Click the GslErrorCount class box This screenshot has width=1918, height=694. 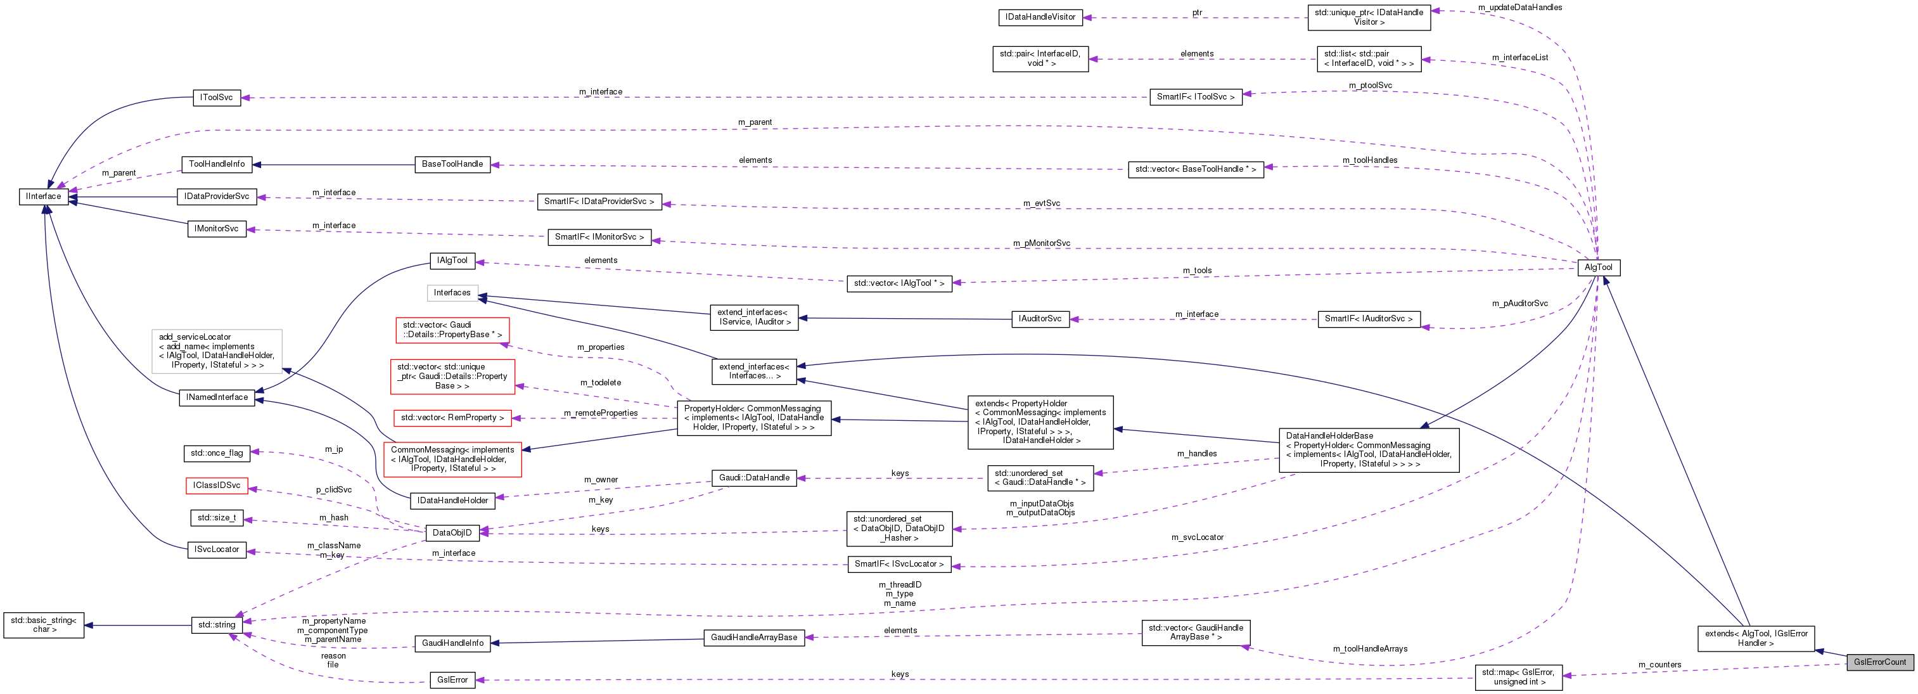tap(1879, 662)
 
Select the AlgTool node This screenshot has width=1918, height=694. tap(1598, 267)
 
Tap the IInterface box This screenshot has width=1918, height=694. tap(43, 196)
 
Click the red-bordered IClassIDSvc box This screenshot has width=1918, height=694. tap(216, 485)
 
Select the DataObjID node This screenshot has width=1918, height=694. tap(451, 532)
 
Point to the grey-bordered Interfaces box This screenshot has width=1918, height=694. tap(452, 293)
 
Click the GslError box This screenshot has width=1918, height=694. tap(452, 680)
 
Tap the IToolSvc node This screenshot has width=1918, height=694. tap(216, 98)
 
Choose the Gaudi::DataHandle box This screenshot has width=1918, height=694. tap(753, 478)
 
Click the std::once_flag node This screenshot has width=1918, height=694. tap(216, 453)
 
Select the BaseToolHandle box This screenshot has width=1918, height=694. tap(452, 164)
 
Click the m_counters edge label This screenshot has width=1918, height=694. tap(1659, 665)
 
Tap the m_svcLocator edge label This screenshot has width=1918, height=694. tap(1196, 537)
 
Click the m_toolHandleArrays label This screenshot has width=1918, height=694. tap(1369, 648)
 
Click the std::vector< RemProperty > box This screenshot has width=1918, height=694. tap(452, 418)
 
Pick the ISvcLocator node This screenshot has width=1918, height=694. tap(216, 549)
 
